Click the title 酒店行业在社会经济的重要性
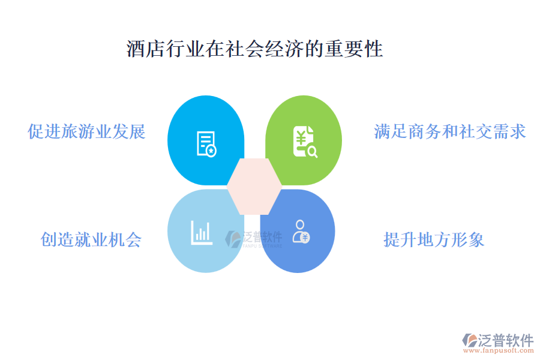254,49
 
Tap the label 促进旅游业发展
87,131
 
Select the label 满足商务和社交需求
449,131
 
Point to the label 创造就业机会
91,239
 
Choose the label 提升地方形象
434,239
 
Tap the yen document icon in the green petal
305,143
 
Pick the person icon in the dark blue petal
300,231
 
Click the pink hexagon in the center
254,186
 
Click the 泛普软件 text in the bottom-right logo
505,340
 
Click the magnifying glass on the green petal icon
311,152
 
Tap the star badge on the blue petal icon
211,151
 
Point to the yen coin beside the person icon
305,237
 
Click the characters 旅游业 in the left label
87,131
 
